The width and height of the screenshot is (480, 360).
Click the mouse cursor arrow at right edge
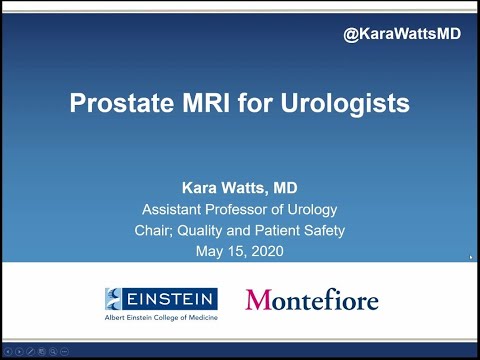pyautogui.click(x=470, y=256)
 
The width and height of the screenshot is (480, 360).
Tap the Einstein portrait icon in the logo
pyautogui.click(x=115, y=297)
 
